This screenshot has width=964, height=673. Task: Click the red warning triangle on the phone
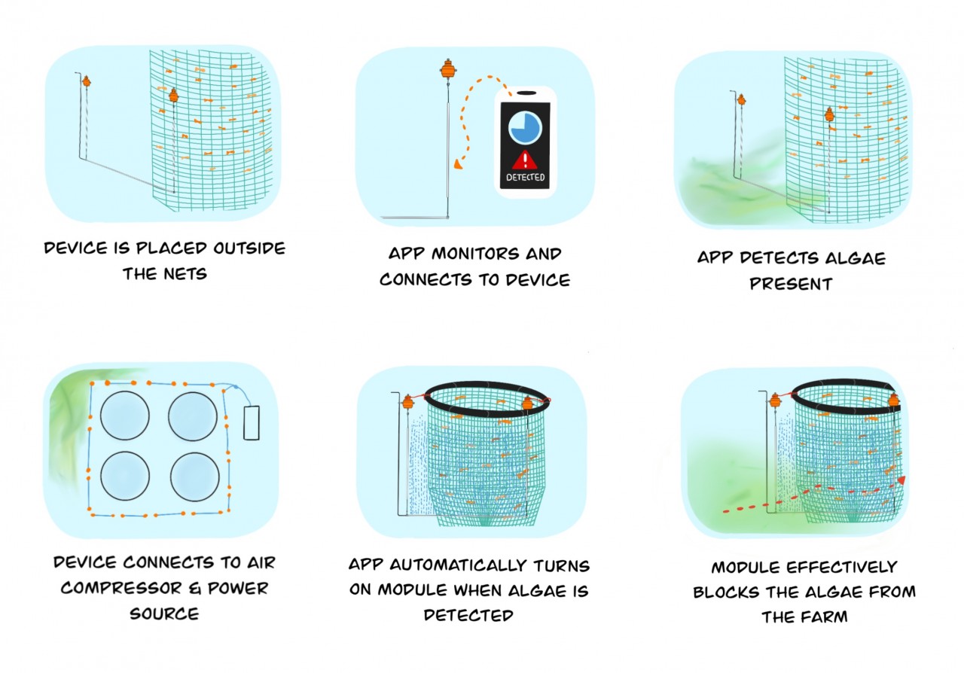pyautogui.click(x=525, y=160)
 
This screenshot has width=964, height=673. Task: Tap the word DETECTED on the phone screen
pyautogui.click(x=525, y=177)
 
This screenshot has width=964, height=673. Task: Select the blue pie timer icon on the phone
pyautogui.click(x=525, y=128)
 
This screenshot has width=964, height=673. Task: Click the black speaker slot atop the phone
pyautogui.click(x=526, y=93)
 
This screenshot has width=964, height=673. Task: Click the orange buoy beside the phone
pyautogui.click(x=448, y=69)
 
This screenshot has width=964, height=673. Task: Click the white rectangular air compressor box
pyautogui.click(x=252, y=422)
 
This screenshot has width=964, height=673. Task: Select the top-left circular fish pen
pyautogui.click(x=125, y=416)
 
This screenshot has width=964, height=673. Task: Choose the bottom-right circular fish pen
pyautogui.click(x=194, y=477)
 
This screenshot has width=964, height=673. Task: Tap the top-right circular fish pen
pyautogui.click(x=192, y=416)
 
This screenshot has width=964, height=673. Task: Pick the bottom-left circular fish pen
pyautogui.click(x=125, y=476)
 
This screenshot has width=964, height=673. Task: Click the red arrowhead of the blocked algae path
pyautogui.click(x=901, y=480)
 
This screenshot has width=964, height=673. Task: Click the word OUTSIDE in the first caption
pyautogui.click(x=249, y=248)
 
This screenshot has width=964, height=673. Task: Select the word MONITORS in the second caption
pyautogui.click(x=475, y=254)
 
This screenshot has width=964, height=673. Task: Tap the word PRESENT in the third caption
pyautogui.click(x=791, y=284)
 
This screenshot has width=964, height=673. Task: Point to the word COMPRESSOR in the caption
pyautogui.click(x=121, y=588)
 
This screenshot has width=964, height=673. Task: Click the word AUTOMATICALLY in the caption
pyautogui.click(x=457, y=565)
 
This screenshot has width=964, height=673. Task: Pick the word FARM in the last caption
pyautogui.click(x=825, y=617)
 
